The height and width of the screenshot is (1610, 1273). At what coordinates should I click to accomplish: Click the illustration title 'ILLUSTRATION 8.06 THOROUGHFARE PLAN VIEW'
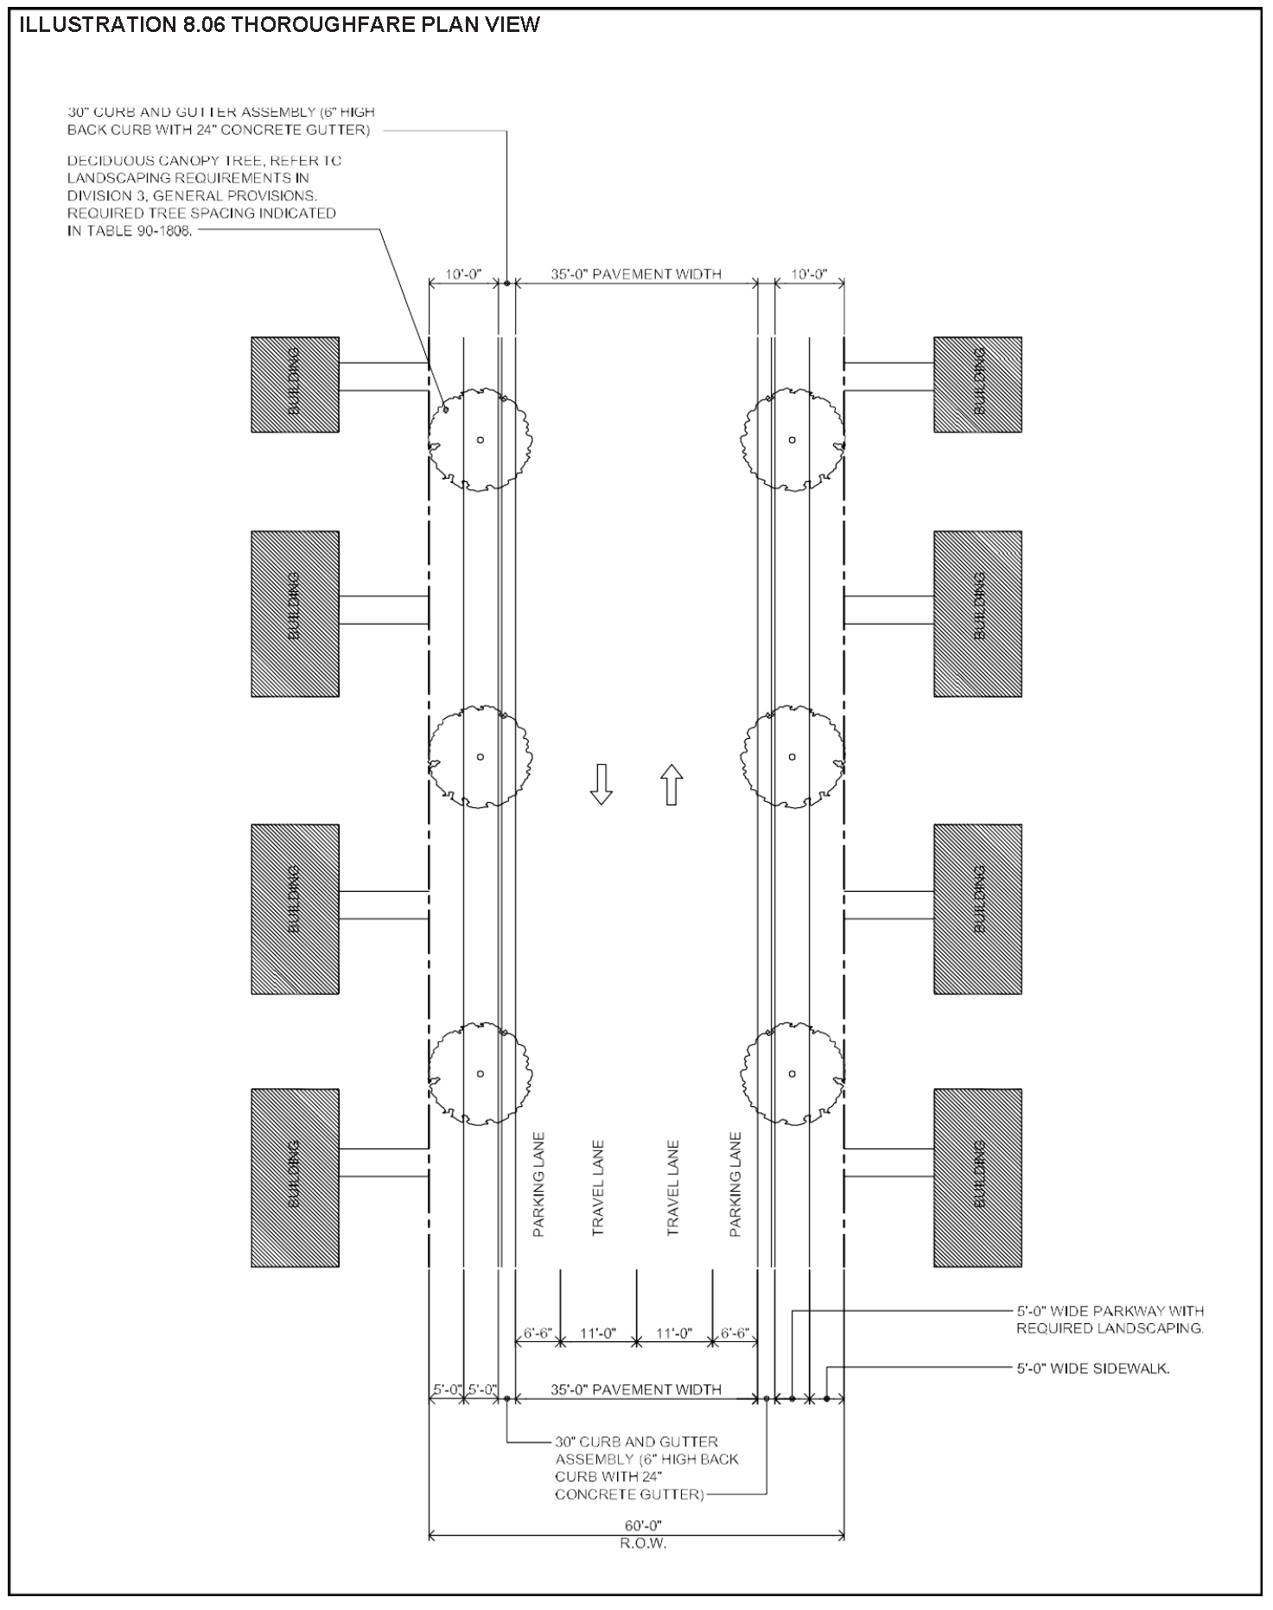click(x=279, y=25)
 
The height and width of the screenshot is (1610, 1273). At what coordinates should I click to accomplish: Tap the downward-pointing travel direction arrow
click(x=601, y=784)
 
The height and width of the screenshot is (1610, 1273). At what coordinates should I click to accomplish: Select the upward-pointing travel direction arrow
click(x=672, y=785)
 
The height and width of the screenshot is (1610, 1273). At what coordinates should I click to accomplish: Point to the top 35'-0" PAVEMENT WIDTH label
click(x=636, y=275)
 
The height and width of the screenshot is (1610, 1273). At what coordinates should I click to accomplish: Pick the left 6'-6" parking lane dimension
click(x=538, y=1333)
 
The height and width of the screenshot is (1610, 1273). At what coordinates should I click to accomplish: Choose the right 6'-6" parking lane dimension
click(x=735, y=1333)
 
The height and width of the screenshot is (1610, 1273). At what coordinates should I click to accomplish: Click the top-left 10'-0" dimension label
click(x=463, y=275)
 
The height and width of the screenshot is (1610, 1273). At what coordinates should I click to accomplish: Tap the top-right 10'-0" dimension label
click(x=809, y=275)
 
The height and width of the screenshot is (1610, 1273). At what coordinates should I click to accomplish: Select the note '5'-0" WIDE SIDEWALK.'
click(x=1092, y=1369)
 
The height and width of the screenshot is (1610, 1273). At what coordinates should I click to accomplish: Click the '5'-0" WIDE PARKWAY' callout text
click(x=1110, y=1320)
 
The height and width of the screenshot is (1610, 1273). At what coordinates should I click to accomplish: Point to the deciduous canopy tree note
click(x=204, y=196)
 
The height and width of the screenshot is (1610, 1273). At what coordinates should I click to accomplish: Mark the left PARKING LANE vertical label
click(x=539, y=1184)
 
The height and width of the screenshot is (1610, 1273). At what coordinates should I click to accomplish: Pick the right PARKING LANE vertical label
click(x=735, y=1184)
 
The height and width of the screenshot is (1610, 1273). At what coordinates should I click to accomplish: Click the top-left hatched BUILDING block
click(x=295, y=385)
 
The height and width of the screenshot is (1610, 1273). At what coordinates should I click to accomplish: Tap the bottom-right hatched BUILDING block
click(x=977, y=1177)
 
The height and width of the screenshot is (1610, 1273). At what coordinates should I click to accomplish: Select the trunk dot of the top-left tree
click(x=481, y=440)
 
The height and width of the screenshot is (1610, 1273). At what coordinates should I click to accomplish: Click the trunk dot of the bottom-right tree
click(x=792, y=1074)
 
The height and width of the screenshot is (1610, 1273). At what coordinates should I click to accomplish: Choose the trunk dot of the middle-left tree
click(x=481, y=757)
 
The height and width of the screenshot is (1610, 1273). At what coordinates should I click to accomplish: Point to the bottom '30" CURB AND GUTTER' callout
click(x=646, y=1467)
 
